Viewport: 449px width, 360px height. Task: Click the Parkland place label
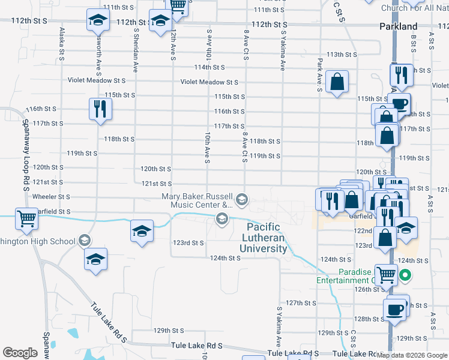(399, 26)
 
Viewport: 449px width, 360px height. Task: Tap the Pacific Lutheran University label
(267, 238)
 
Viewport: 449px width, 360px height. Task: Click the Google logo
(20, 353)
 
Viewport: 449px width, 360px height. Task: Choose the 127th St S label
(301, 302)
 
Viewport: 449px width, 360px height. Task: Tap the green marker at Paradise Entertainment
(405, 276)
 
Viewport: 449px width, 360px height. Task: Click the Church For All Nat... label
(414, 8)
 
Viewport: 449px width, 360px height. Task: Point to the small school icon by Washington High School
(84, 241)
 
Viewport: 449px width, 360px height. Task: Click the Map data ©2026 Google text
(412, 355)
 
